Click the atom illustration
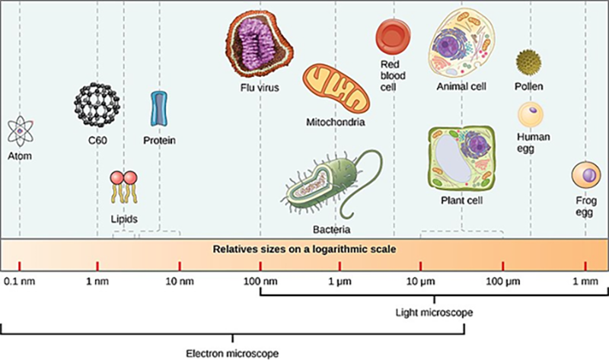coord(21,132)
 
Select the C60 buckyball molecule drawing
coord(97,104)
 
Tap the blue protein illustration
coord(159,109)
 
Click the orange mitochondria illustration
coord(336,88)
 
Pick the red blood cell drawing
coord(393,37)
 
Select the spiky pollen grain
coord(528,62)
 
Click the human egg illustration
coord(531,115)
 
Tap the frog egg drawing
coord(586,175)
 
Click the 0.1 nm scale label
coord(20,281)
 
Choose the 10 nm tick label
coord(180,281)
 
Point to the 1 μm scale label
coord(340,282)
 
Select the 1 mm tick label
coord(585,281)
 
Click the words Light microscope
coord(434,313)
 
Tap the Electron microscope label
coord(232,354)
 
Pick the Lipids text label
coord(124,219)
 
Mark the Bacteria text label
coord(332,230)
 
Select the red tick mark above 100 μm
coord(503,266)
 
